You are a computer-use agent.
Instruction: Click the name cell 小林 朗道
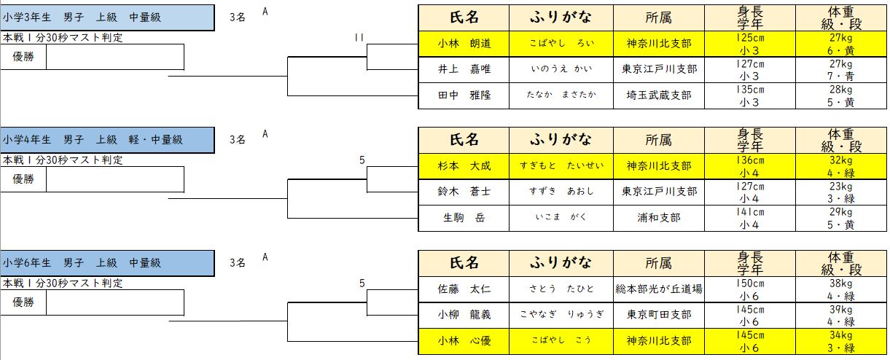click(464, 43)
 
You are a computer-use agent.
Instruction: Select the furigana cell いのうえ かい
click(561, 69)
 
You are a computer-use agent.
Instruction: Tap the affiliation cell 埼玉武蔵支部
click(661, 95)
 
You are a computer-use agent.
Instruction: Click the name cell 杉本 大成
click(464, 165)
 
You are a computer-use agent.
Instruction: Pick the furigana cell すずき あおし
click(561, 192)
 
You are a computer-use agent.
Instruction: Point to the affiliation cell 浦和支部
click(661, 218)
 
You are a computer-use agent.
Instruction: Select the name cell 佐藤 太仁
click(464, 289)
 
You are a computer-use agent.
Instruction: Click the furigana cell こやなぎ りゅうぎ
click(561, 315)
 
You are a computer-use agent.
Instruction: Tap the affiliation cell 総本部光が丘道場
click(661, 289)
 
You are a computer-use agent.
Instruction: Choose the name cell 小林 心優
click(464, 341)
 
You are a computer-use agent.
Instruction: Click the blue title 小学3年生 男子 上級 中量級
click(107, 17)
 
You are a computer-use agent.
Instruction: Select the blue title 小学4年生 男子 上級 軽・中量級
click(107, 139)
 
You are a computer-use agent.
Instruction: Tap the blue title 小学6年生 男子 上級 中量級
click(107, 262)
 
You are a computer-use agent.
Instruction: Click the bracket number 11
click(359, 37)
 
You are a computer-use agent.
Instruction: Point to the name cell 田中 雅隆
click(464, 95)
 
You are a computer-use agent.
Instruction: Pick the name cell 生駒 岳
click(464, 218)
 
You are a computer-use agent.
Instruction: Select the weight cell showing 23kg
click(840, 187)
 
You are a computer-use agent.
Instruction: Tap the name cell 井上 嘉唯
click(464, 69)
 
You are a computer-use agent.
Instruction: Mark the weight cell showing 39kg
click(840, 310)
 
